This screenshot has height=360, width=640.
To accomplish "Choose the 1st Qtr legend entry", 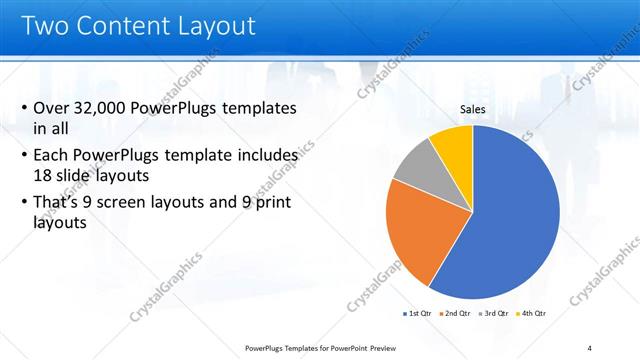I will (417, 313).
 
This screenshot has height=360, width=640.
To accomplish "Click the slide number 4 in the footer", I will (589, 348).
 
